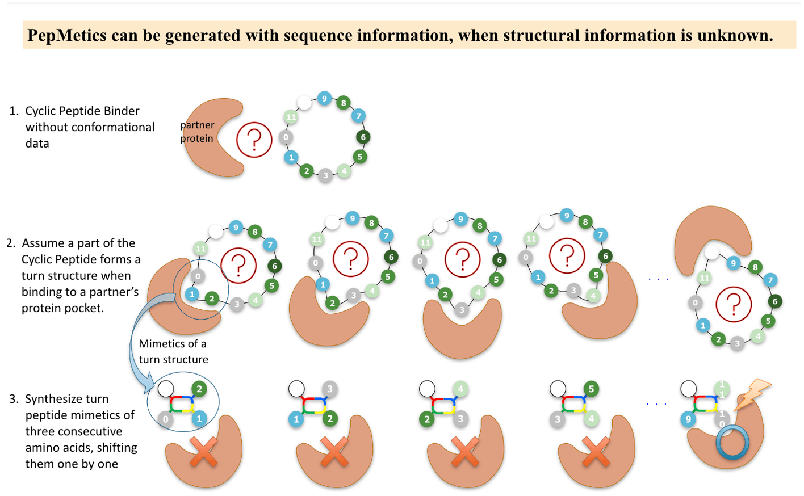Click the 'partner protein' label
point(197,132)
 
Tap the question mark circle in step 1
point(254,140)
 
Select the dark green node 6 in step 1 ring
point(363,137)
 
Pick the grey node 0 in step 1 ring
point(286,137)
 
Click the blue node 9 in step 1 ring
point(324,98)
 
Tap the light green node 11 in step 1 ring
point(291,117)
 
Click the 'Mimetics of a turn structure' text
point(173,351)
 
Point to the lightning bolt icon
point(752,393)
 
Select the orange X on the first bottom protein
point(203,452)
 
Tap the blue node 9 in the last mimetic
point(688,419)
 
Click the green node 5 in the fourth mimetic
point(591,389)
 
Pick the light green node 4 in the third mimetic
point(460,389)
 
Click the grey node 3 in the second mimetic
point(330,389)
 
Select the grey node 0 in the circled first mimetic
point(165,419)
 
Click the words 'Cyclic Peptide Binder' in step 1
point(82,111)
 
